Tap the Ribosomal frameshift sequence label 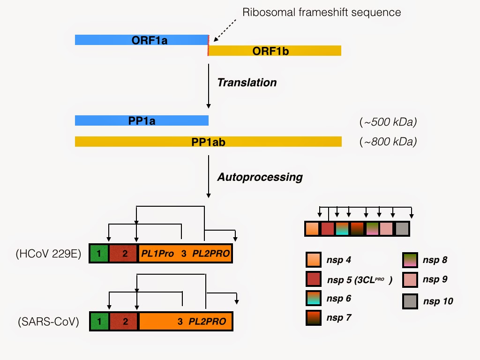coord(322,12)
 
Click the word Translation coord(247,83)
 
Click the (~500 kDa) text coord(388,122)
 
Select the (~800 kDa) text coord(388,142)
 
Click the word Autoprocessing coord(260,177)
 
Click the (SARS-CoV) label coord(48,322)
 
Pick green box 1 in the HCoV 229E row coord(99,254)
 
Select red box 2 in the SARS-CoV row coord(125,322)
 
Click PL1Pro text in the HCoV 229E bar coord(157,254)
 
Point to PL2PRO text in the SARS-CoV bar coord(207,322)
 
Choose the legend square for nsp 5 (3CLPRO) coord(313,279)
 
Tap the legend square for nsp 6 coord(313,299)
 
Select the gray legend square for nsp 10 coord(410,301)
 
